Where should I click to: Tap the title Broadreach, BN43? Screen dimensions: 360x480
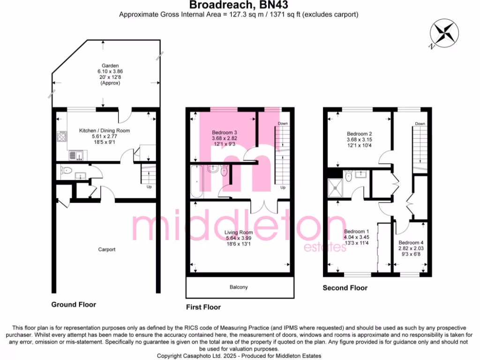[x=239, y=5]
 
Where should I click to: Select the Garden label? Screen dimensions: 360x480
[x=105, y=66]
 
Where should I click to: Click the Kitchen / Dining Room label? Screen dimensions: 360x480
[x=105, y=130]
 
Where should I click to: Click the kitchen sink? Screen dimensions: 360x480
[x=75, y=155]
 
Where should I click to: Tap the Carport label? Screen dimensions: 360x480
[x=106, y=250]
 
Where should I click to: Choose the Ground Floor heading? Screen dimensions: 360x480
[x=74, y=305]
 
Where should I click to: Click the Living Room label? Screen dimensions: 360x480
[x=239, y=232]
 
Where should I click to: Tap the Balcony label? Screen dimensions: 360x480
[x=240, y=287]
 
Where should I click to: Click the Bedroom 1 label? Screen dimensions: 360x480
[x=357, y=232]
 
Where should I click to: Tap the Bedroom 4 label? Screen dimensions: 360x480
[x=410, y=242]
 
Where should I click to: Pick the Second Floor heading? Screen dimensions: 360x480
[x=345, y=288]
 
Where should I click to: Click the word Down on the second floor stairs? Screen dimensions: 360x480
[x=420, y=124]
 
